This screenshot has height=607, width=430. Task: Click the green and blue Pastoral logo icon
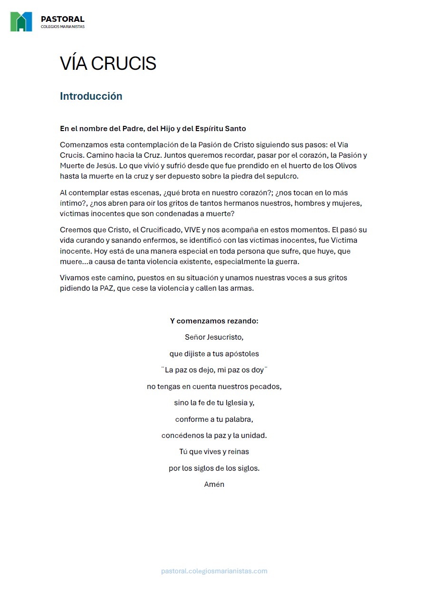pyautogui.click(x=21, y=22)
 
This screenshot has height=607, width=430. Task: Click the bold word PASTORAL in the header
pyautogui.click(x=62, y=19)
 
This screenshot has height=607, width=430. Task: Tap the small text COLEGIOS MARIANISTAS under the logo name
pyautogui.click(x=62, y=27)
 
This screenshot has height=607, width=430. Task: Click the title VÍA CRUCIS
pyautogui.click(x=108, y=64)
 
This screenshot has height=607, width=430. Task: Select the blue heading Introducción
pyautogui.click(x=91, y=96)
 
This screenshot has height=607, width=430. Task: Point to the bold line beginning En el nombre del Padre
pyautogui.click(x=153, y=129)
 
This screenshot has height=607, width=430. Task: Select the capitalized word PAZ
pyautogui.click(x=106, y=288)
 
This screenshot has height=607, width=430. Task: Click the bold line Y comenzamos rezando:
pyautogui.click(x=214, y=321)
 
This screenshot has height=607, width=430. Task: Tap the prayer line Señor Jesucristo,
pyautogui.click(x=214, y=337)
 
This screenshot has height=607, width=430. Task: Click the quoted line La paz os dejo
pyautogui.click(x=214, y=370)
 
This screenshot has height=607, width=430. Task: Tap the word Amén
pyautogui.click(x=214, y=484)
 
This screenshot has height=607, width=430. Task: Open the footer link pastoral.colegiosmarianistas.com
pyautogui.click(x=214, y=571)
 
